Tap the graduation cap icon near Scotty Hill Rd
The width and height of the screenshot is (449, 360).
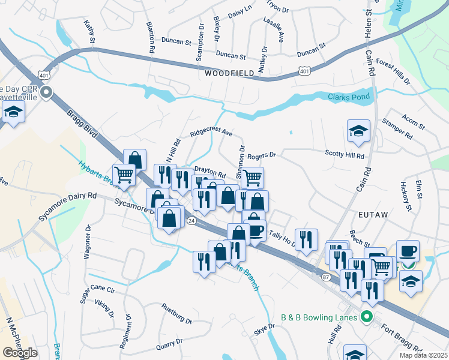tap(358, 131)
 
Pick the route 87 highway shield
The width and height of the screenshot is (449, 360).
tap(326, 277)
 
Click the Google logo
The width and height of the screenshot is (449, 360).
tap(20, 353)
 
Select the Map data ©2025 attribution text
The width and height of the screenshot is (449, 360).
tap(423, 355)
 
